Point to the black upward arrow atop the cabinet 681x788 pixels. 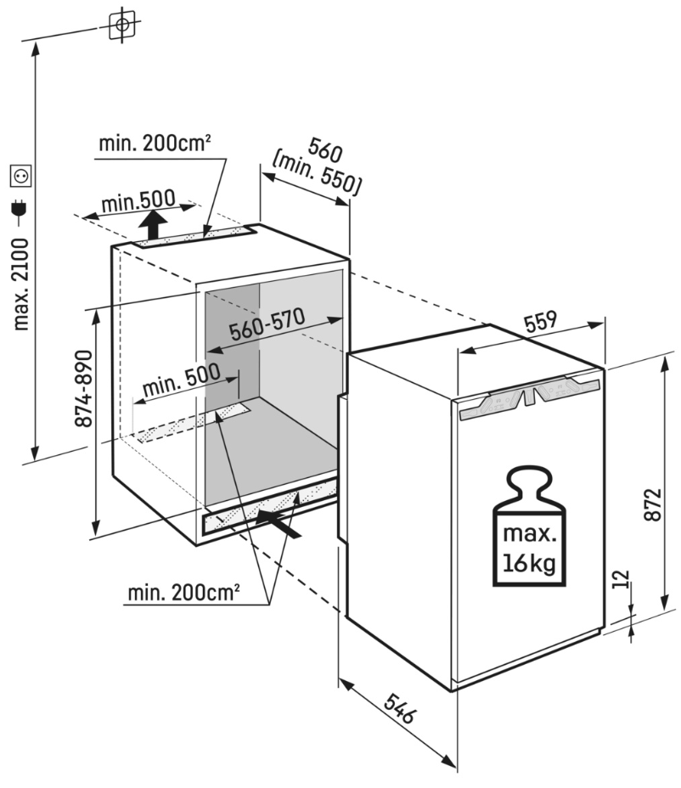point(153,226)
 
